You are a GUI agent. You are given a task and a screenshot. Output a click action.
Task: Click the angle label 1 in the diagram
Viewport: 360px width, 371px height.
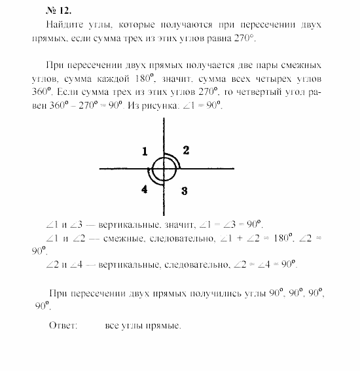click(145, 152)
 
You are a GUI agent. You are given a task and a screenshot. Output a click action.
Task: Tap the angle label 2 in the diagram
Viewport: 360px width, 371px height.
click(186, 150)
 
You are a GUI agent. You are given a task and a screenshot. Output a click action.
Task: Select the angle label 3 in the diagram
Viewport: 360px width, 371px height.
click(185, 191)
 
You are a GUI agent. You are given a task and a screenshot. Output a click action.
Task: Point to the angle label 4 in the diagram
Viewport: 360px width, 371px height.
click(144, 190)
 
